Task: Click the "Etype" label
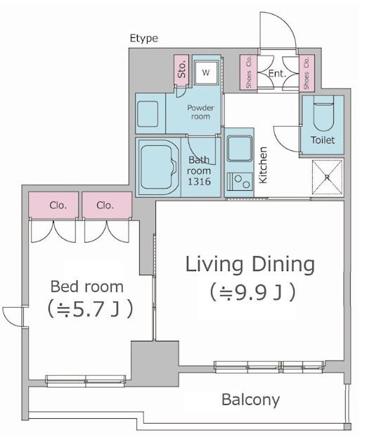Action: tap(143, 38)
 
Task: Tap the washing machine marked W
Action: tap(206, 73)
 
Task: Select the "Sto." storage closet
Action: tap(181, 70)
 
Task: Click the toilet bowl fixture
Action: tap(323, 113)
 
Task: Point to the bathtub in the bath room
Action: tap(159, 167)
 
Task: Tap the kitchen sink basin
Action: tap(240, 149)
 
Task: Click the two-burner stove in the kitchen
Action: tap(240, 182)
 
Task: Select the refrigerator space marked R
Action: tap(327, 177)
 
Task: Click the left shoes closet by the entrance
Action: tap(248, 72)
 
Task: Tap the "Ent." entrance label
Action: tap(277, 74)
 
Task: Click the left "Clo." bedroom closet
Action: tap(53, 205)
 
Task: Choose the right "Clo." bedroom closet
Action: tap(107, 205)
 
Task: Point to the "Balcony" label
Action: tap(250, 400)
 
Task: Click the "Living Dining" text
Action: tap(250, 264)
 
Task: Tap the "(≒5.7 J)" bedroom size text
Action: tap(90, 309)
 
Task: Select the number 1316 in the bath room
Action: tap(199, 182)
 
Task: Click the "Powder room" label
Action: tap(200, 112)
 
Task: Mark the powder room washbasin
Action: tap(148, 113)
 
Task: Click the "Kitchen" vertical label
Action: tap(263, 165)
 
